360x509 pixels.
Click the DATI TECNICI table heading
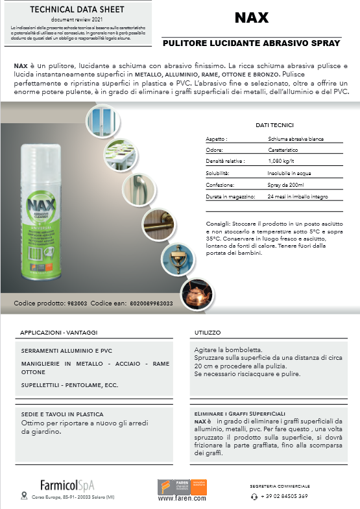[x=275, y=125]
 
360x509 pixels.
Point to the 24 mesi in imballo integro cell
[x=298, y=196]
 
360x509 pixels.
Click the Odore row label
[x=215, y=150]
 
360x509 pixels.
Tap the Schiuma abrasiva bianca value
[x=296, y=139]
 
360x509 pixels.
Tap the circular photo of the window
[x=102, y=119]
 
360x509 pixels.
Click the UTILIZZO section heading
[x=208, y=331]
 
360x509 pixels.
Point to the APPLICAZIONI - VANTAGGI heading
[x=58, y=331]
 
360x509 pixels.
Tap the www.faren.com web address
[x=182, y=499]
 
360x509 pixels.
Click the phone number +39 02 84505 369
[x=284, y=496]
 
